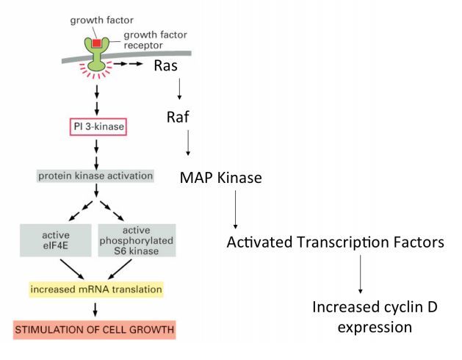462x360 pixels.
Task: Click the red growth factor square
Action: [96, 43]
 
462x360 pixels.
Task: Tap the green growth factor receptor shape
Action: [96, 56]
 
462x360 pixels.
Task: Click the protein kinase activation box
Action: [96, 176]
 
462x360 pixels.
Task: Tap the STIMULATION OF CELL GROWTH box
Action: [96, 328]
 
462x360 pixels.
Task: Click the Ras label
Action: [167, 66]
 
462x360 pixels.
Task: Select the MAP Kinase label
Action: [220, 178]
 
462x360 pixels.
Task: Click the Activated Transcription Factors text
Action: [335, 242]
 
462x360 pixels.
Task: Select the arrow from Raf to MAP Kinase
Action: [188, 143]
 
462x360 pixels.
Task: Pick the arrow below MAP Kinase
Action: [235, 209]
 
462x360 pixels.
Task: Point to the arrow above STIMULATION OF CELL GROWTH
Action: [96, 309]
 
